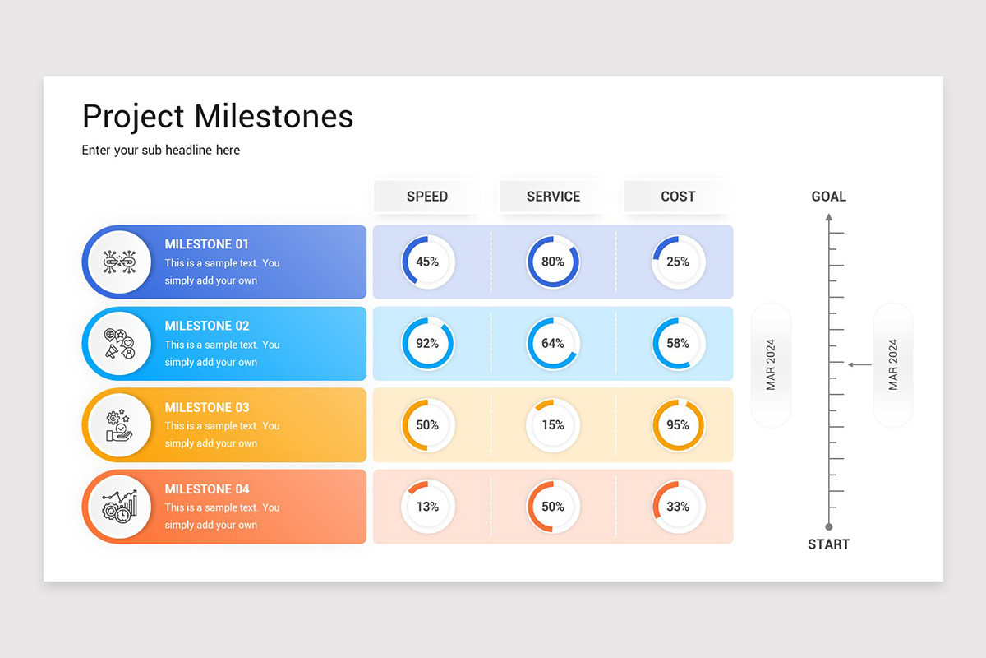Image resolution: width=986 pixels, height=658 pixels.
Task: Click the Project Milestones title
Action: pyautogui.click(x=218, y=117)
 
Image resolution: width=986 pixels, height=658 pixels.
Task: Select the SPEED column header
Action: pyautogui.click(x=427, y=197)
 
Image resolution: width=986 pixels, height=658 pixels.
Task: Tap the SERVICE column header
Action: pyautogui.click(x=553, y=197)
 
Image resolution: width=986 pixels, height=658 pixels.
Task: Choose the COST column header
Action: pyautogui.click(x=678, y=197)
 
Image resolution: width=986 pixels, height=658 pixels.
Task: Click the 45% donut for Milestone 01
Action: pyautogui.click(x=427, y=262)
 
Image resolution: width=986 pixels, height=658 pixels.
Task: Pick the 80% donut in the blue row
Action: pyautogui.click(x=553, y=262)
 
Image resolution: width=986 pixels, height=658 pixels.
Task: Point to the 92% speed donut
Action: pyautogui.click(x=427, y=343)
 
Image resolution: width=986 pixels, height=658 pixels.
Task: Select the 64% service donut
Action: pyautogui.click(x=553, y=343)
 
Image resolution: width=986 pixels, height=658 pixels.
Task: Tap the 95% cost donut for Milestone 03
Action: pyautogui.click(x=678, y=425)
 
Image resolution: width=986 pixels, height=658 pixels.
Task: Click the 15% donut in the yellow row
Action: pyautogui.click(x=553, y=425)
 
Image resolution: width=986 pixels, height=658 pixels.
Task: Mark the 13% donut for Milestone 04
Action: pyautogui.click(x=427, y=507)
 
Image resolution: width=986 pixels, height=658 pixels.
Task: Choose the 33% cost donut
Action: pyautogui.click(x=678, y=507)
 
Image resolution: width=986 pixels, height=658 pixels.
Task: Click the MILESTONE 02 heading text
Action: pyautogui.click(x=207, y=326)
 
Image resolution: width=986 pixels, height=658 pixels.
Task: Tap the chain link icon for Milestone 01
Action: pyautogui.click(x=119, y=262)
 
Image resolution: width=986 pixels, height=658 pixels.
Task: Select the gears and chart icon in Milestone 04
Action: pyautogui.click(x=119, y=507)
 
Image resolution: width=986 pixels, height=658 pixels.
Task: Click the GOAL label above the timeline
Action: pyautogui.click(x=828, y=197)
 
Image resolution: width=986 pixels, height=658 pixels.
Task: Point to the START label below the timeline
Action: pyautogui.click(x=828, y=544)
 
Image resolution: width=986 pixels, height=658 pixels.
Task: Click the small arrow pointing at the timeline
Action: pyautogui.click(x=859, y=364)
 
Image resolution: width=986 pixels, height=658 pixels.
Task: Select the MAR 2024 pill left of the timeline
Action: pyautogui.click(x=771, y=364)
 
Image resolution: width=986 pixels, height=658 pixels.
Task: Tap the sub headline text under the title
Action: pyautogui.click(x=161, y=151)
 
